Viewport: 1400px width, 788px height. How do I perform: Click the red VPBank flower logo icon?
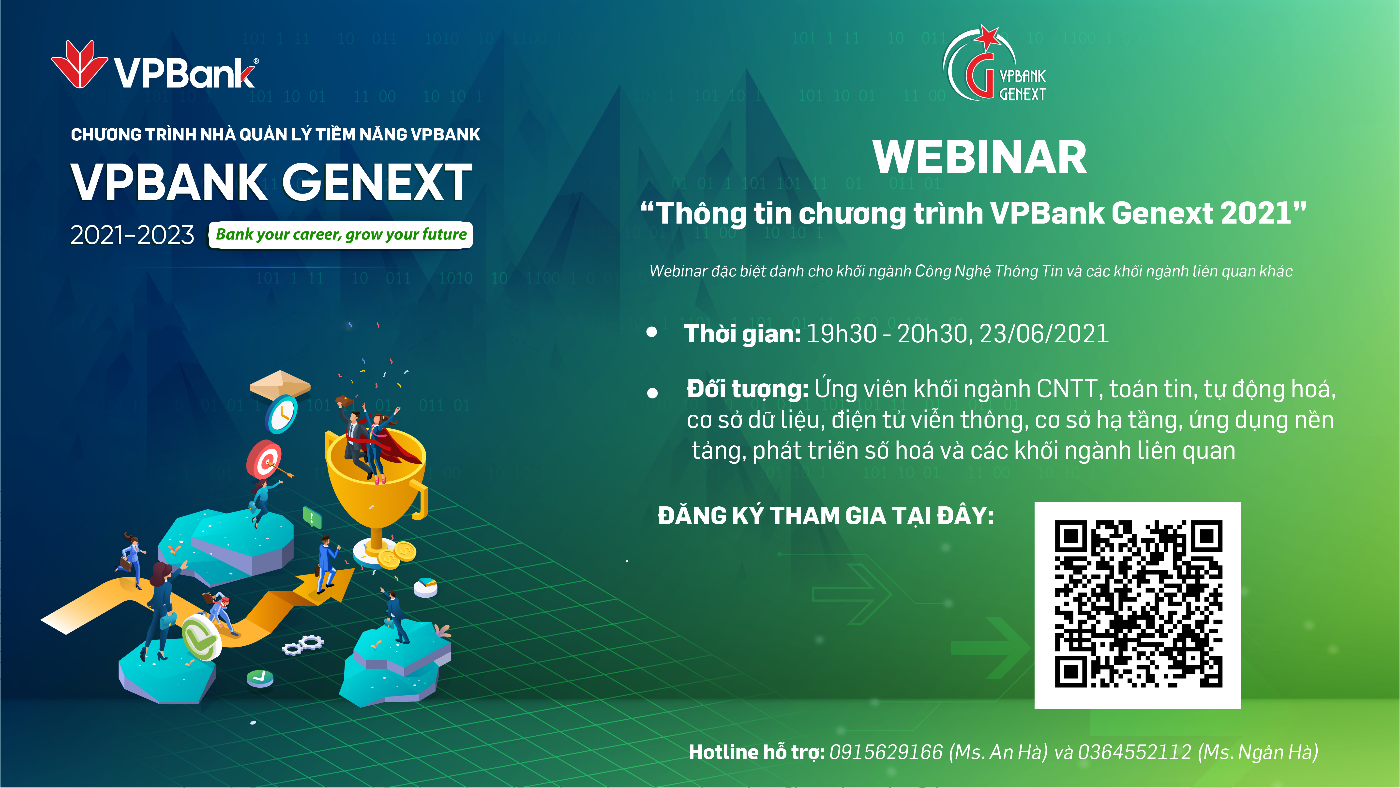tap(79, 64)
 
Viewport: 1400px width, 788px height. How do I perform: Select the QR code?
tap(1138, 605)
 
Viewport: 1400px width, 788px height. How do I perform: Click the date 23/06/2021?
tap(1044, 334)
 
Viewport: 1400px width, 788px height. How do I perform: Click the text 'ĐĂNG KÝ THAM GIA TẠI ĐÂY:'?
tap(826, 516)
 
